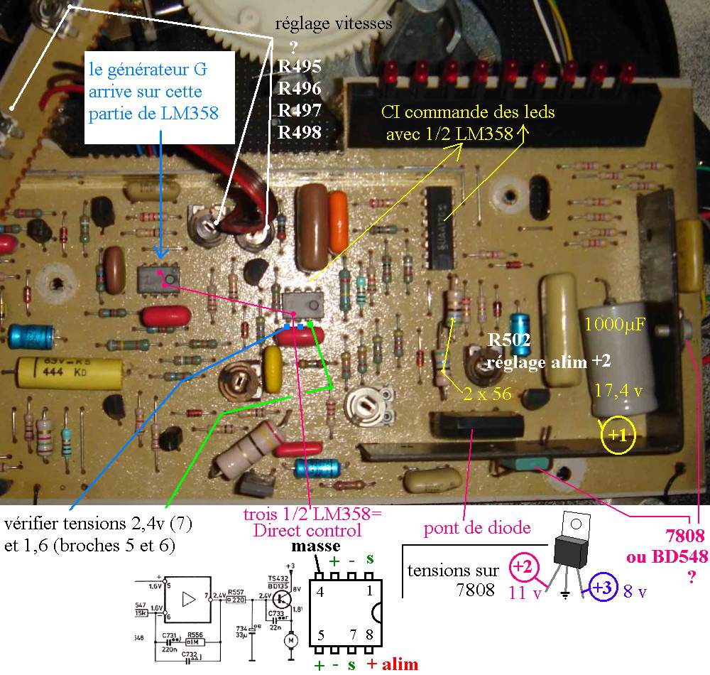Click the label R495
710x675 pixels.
point(300,67)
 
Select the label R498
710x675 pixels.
point(300,132)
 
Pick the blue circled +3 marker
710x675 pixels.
point(601,588)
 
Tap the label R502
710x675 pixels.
point(509,340)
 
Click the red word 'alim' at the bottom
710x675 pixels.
point(400,664)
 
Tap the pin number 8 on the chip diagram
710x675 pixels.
point(368,633)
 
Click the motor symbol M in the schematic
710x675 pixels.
point(289,642)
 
